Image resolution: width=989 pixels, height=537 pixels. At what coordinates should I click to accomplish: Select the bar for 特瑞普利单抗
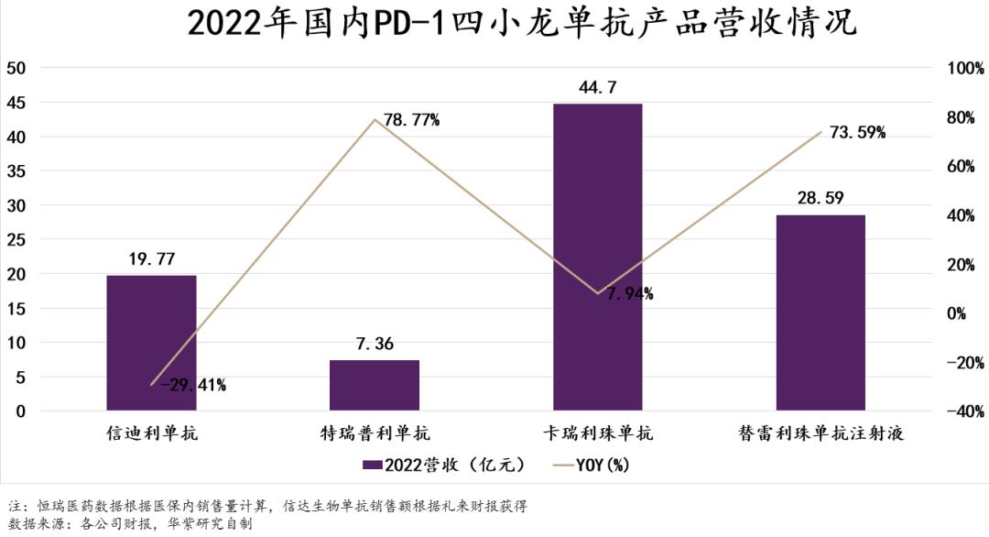[375, 385]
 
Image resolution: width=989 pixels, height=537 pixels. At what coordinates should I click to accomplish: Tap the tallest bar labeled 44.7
[597, 257]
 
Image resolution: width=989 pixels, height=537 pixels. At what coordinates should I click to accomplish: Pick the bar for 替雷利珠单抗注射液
[821, 312]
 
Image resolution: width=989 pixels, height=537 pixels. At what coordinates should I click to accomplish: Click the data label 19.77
[151, 260]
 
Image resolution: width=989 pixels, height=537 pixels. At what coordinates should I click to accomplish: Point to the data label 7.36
[375, 345]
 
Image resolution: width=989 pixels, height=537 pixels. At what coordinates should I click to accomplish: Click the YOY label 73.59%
[857, 133]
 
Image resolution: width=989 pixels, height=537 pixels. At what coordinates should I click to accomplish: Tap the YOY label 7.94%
[629, 294]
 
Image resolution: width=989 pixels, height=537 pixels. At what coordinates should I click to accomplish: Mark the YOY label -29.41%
[193, 385]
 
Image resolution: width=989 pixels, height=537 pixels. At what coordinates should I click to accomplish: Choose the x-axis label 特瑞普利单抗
[375, 433]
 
